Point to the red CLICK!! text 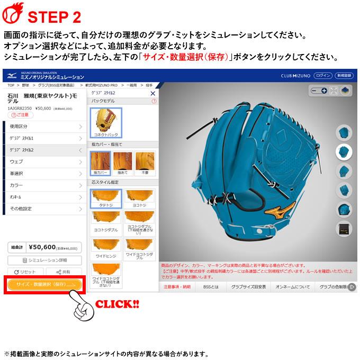pyautogui.click(x=116, y=304)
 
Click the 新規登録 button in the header pyautogui.click(x=346, y=76)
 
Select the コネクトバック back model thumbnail pyautogui.click(x=105, y=122)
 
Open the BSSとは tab pyautogui.click(x=211, y=287)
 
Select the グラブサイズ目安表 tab pyautogui.click(x=248, y=287)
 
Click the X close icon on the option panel pyautogui.click(x=153, y=93)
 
